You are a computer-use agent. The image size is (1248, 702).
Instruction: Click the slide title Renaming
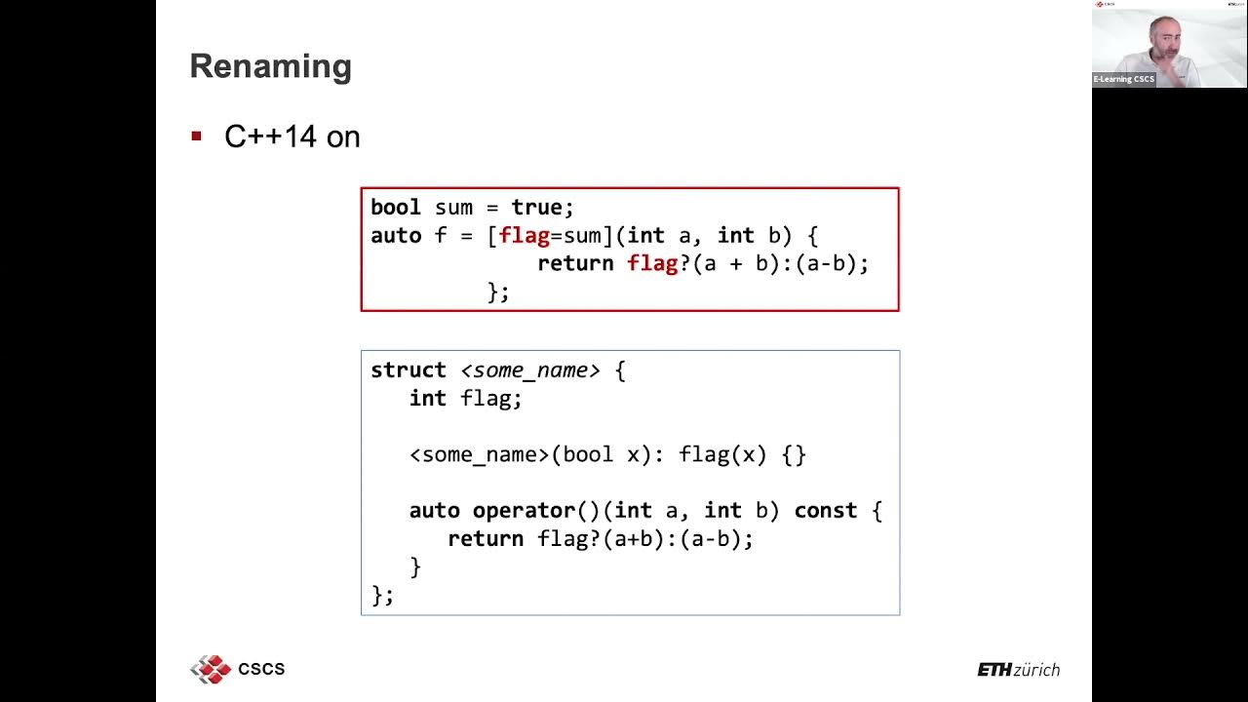pyautogui.click(x=270, y=66)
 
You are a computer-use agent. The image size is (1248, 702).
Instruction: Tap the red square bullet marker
pyautogui.click(x=196, y=136)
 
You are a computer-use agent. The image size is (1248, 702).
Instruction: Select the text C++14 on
pyautogui.click(x=292, y=136)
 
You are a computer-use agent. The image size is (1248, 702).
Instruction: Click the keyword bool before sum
pyautogui.click(x=395, y=208)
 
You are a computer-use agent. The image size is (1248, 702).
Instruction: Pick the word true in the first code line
pyautogui.click(x=536, y=208)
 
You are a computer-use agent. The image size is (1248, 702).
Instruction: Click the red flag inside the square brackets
pyautogui.click(x=524, y=236)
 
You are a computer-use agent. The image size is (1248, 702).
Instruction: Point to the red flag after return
pyautogui.click(x=652, y=263)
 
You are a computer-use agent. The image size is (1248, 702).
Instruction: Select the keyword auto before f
pyautogui.click(x=395, y=236)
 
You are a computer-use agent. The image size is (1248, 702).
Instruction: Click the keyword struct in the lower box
pyautogui.click(x=408, y=370)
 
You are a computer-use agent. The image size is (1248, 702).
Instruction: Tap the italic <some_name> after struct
pyautogui.click(x=529, y=370)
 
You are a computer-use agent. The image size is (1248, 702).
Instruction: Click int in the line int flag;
pyautogui.click(x=427, y=399)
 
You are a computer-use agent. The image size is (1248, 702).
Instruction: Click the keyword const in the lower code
pyautogui.click(x=825, y=511)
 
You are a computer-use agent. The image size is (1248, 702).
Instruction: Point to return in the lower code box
pyautogui.click(x=485, y=539)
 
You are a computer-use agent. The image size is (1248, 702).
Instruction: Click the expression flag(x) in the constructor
pyautogui.click(x=722, y=455)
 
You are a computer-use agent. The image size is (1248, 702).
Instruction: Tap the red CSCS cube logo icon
pyautogui.click(x=210, y=669)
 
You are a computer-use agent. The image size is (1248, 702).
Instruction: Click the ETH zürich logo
pyautogui.click(x=1018, y=670)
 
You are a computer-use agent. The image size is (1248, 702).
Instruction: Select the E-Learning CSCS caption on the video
pyautogui.click(x=1123, y=79)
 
